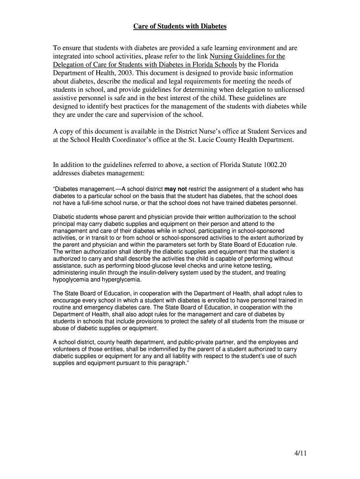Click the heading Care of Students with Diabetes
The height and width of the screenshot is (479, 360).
point(180,26)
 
